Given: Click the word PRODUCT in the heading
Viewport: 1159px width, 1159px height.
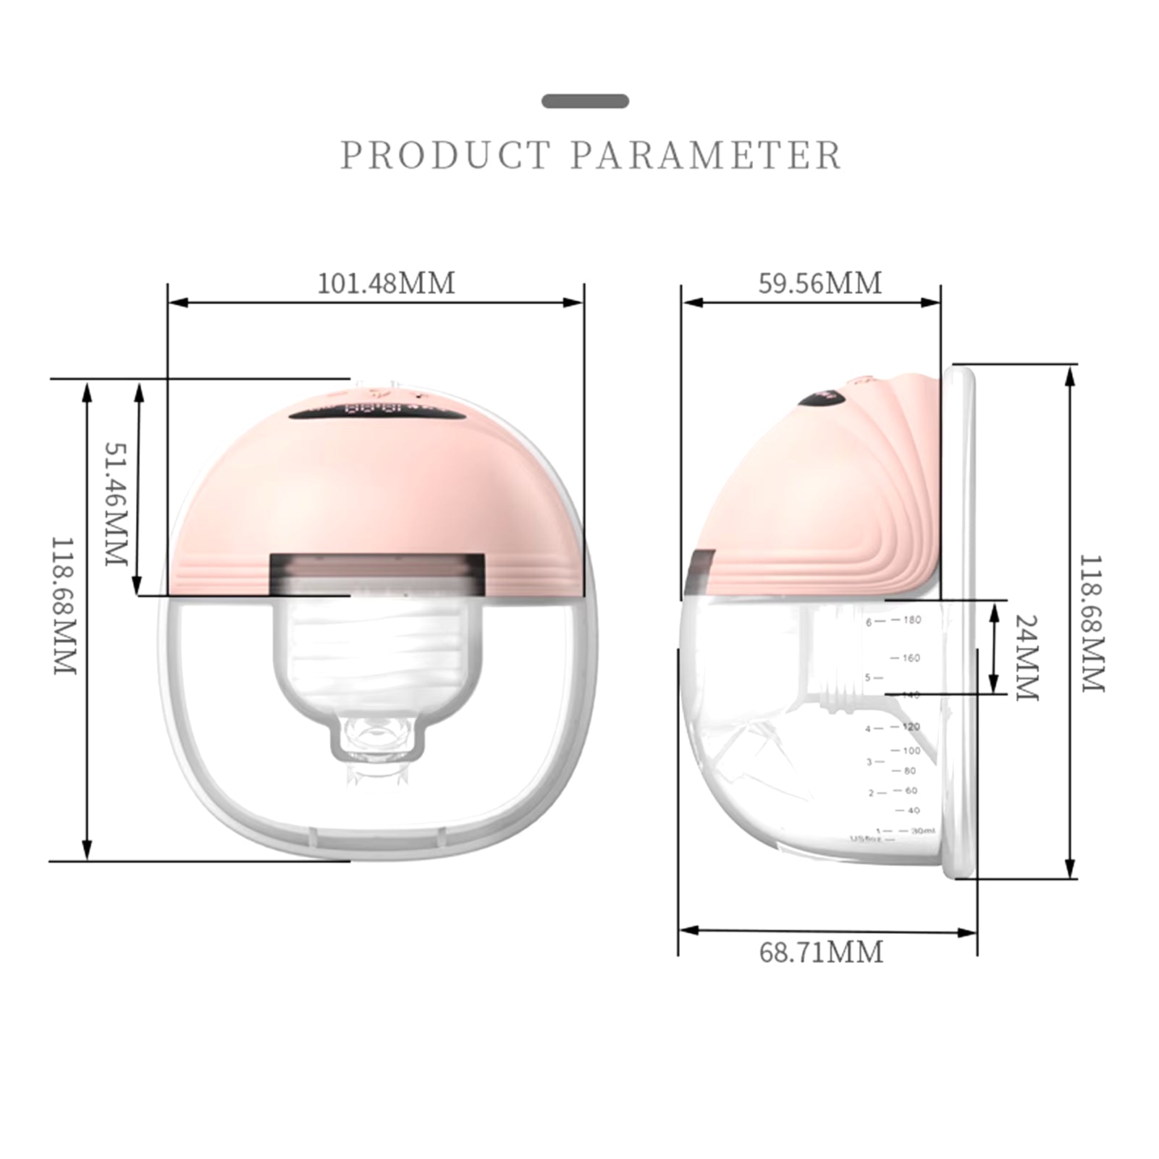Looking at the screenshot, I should tap(445, 156).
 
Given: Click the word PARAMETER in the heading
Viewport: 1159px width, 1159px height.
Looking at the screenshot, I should tap(706, 156).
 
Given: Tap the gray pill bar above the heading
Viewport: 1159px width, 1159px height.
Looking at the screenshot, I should tap(585, 101).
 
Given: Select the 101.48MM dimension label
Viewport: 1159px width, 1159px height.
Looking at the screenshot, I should tap(387, 283).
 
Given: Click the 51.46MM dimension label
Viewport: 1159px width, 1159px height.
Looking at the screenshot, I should tap(116, 504).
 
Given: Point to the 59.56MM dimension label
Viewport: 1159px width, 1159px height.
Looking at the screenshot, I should tap(820, 283).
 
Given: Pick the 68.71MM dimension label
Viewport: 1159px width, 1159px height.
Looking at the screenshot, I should tap(821, 952).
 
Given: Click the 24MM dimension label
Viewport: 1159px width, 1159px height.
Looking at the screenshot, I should tap(1026, 657).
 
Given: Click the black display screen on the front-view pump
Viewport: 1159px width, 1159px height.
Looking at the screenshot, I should tap(376, 413).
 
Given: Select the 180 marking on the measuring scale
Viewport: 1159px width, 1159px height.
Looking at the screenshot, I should tap(911, 620).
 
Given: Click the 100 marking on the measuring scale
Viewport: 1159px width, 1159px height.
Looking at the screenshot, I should tap(911, 751).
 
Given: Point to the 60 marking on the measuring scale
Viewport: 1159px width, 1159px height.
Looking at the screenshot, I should tap(911, 791).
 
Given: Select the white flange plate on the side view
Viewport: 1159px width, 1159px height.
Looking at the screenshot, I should tap(958, 623).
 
